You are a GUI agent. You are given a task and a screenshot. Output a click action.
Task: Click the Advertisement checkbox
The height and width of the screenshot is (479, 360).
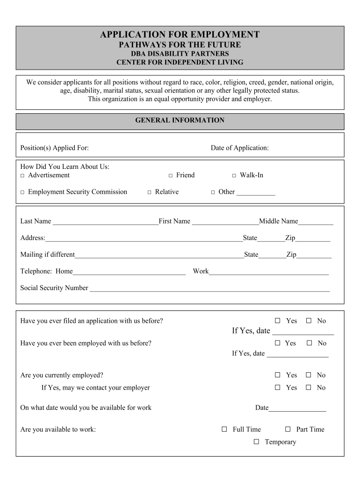[x=22, y=175]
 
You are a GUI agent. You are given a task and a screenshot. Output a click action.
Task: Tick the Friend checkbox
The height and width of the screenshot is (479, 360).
[x=171, y=175]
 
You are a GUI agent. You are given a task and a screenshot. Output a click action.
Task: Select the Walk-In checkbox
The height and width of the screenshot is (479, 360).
[x=234, y=175]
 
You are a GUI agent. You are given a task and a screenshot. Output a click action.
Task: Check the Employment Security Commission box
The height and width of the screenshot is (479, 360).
[x=22, y=192]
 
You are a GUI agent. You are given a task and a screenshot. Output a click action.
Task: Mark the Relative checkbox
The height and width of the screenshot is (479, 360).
[x=150, y=192]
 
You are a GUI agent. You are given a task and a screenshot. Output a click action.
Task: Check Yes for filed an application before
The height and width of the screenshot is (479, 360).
[x=277, y=320]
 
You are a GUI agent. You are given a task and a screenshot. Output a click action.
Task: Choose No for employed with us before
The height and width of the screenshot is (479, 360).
[x=309, y=343]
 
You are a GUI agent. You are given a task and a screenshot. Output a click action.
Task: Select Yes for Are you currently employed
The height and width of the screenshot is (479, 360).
[x=277, y=375]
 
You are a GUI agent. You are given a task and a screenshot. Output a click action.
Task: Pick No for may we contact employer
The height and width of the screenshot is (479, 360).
[x=309, y=387]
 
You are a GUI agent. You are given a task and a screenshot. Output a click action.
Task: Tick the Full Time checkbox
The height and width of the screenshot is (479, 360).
[x=224, y=429]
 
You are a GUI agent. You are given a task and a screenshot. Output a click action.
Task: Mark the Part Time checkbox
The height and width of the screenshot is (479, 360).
[x=288, y=429]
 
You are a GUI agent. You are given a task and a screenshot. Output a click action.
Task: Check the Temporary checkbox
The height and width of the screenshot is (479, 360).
[x=256, y=442]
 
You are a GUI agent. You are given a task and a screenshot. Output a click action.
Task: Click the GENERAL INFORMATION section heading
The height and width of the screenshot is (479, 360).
[x=180, y=120]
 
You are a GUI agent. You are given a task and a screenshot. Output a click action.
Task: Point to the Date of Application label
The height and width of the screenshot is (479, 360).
[x=239, y=148]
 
